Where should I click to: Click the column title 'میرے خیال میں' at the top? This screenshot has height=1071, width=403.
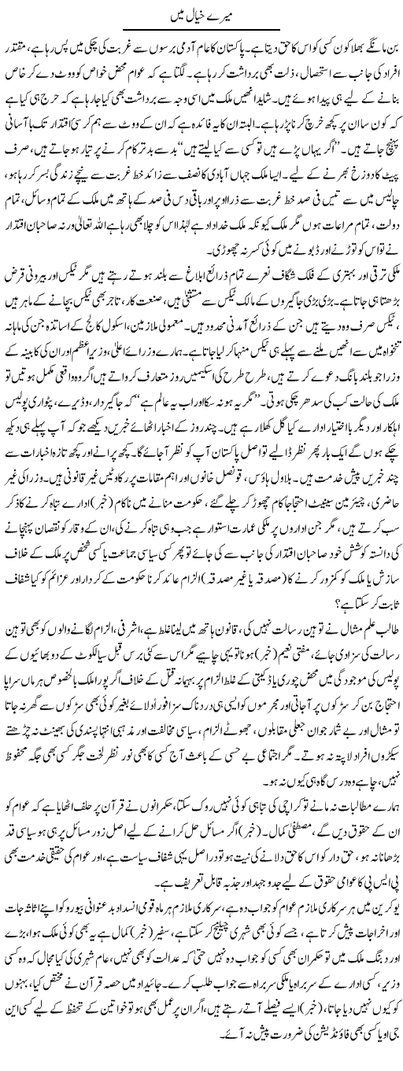(201, 16)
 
